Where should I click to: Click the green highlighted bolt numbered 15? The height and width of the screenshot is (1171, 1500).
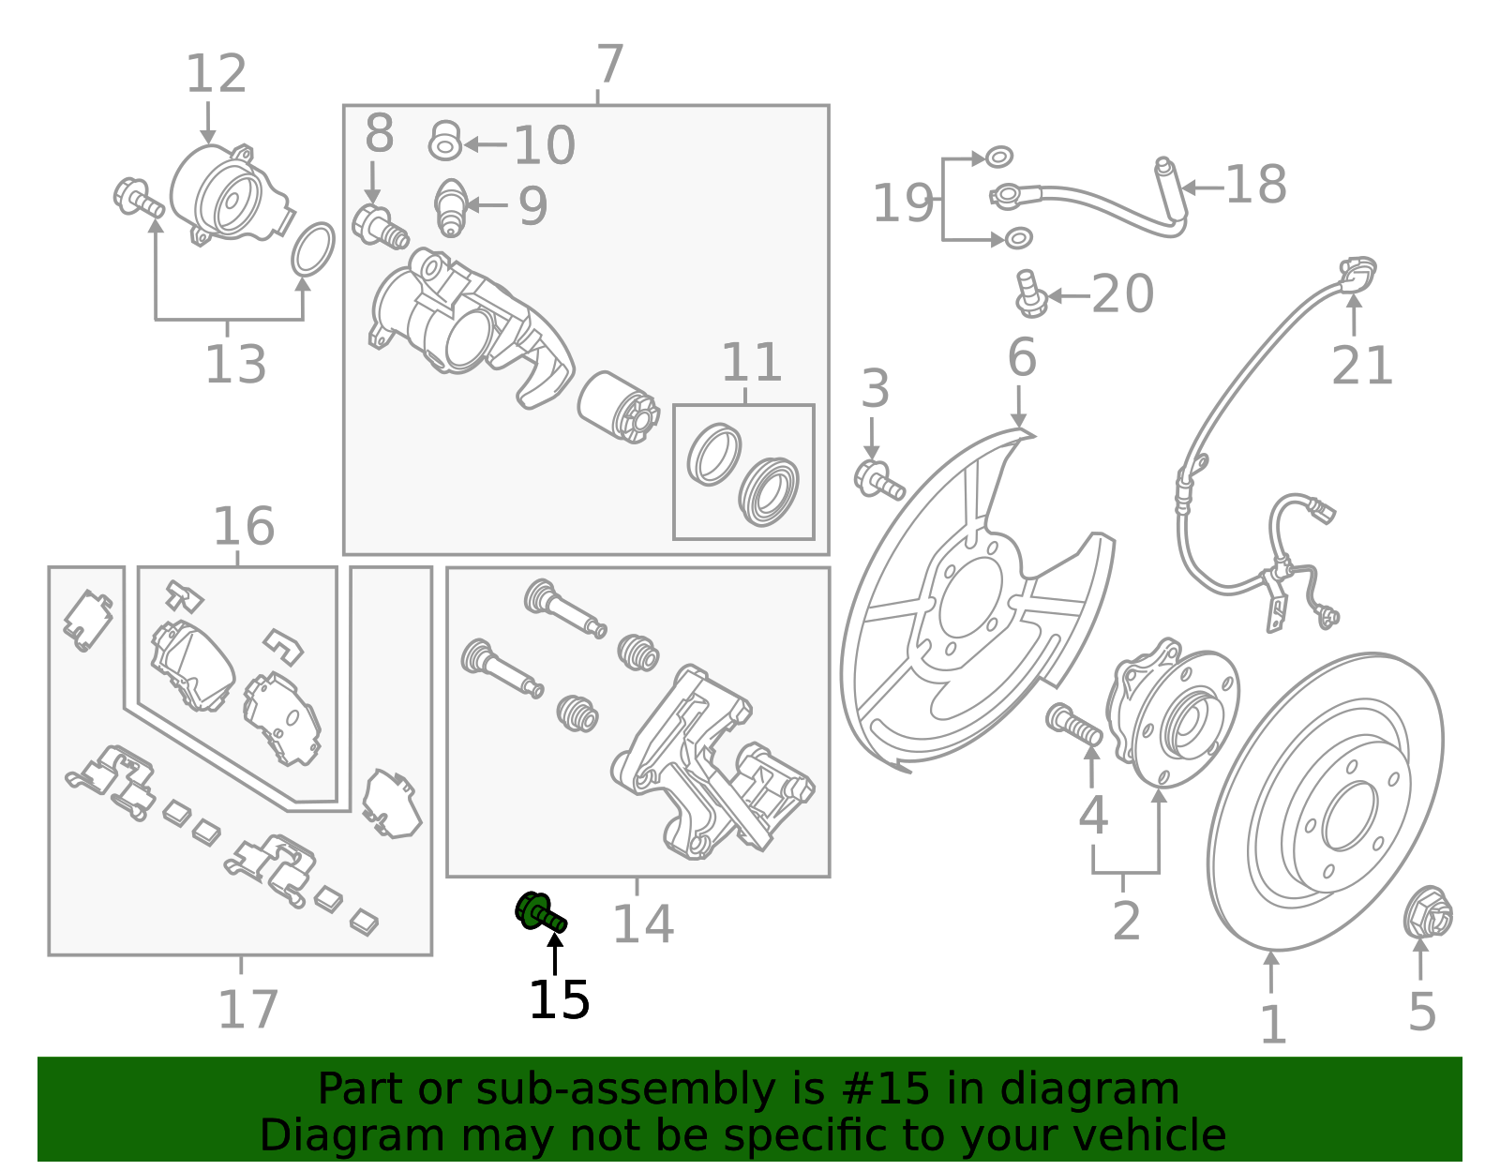coord(540,911)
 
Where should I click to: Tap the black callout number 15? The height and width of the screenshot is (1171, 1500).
coord(559,1000)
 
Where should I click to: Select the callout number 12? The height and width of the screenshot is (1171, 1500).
coord(216,74)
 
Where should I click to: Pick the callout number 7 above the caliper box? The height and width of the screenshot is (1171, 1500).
coord(609,65)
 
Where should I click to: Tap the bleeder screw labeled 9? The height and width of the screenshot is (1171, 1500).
coord(451,207)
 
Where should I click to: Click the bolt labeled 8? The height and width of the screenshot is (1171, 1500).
coord(379,225)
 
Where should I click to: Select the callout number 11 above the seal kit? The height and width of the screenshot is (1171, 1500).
coord(751,363)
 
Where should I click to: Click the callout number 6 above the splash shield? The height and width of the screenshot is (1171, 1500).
coord(1022,358)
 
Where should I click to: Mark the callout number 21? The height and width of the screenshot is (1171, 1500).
coord(1362,366)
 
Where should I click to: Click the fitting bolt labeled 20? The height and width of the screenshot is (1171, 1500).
coord(1030,294)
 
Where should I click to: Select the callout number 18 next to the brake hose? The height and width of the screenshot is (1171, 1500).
coord(1255,185)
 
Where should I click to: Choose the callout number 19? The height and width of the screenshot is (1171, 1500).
coord(903,203)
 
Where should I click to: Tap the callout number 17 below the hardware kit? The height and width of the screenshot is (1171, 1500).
coord(247,1010)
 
